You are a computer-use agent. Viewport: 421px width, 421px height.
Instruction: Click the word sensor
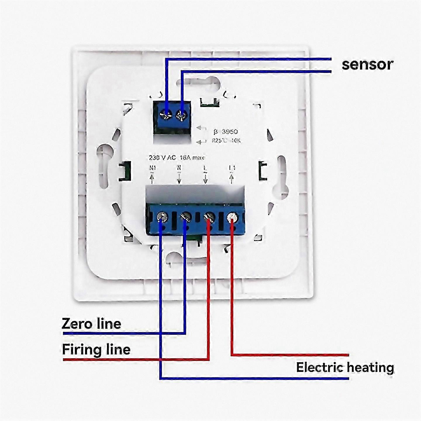367,64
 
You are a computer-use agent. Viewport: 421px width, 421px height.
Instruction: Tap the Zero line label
91,324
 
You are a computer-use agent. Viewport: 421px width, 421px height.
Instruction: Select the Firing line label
96,349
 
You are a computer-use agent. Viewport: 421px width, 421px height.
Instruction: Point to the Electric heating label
345,367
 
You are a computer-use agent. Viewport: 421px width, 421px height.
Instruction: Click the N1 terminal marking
153,168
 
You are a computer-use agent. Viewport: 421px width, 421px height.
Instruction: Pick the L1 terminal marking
232,168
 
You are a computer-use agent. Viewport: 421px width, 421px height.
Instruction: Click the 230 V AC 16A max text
177,158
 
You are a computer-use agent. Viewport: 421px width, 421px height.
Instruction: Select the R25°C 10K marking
226,141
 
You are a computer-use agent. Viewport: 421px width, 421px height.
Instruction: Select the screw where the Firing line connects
210,217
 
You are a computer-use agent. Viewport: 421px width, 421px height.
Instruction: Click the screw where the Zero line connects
186,217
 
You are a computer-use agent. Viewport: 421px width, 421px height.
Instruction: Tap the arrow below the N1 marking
152,178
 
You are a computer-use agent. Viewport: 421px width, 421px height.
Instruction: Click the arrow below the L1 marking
232,178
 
